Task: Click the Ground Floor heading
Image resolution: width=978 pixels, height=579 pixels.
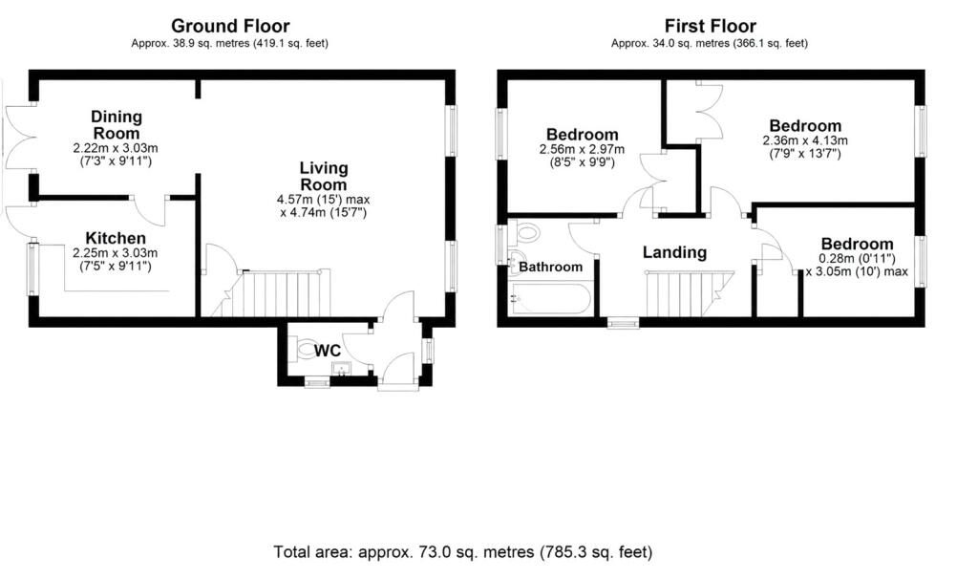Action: (x=230, y=26)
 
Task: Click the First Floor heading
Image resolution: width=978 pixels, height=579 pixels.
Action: (x=710, y=26)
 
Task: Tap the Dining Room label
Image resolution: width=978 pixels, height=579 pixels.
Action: (x=117, y=125)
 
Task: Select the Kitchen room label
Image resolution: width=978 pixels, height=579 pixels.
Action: (x=116, y=238)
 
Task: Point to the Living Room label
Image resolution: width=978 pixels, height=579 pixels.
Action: (x=323, y=176)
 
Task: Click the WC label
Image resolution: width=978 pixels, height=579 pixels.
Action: (x=328, y=351)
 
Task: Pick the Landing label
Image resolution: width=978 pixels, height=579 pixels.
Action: (x=674, y=252)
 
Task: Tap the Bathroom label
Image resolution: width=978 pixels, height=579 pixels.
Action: (x=550, y=267)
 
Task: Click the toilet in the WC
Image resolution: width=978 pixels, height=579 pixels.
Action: (x=304, y=348)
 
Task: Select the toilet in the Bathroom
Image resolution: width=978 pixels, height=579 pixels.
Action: (x=525, y=233)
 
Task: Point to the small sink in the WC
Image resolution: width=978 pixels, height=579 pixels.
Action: (x=341, y=369)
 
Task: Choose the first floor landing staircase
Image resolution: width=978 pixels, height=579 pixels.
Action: (x=690, y=294)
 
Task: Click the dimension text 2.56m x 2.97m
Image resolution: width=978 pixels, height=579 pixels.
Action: (x=582, y=150)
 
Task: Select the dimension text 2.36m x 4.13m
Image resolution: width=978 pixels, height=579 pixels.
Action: (x=805, y=141)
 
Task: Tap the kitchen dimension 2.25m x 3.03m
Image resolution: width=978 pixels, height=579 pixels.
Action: (x=116, y=253)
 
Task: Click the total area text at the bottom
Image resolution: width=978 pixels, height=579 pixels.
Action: (x=463, y=552)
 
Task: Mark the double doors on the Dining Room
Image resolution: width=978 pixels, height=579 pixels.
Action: (x=16, y=138)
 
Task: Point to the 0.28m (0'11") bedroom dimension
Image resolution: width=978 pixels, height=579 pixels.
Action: (x=857, y=258)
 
